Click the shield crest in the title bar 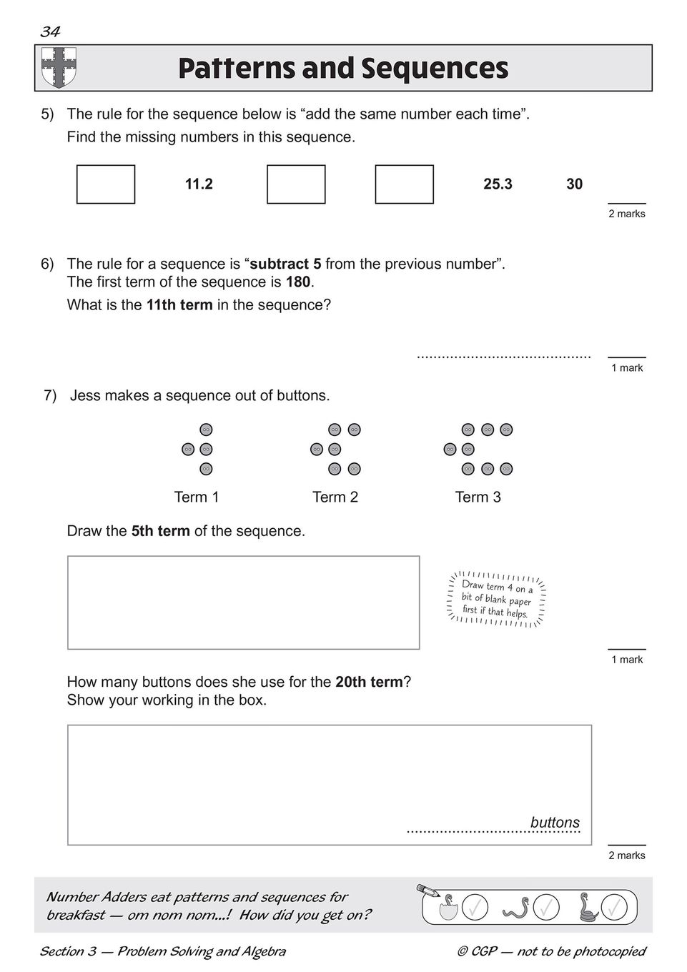59,67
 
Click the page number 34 50,31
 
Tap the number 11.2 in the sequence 199,184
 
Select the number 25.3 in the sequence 498,184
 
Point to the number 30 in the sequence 574,184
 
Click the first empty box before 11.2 106,184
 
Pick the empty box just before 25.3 404,184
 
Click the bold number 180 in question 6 297,282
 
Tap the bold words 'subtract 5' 285,264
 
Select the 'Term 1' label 197,497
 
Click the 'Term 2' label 335,497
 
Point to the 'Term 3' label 478,497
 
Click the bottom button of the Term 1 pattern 206,469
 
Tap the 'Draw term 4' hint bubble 497,600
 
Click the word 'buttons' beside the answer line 555,823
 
